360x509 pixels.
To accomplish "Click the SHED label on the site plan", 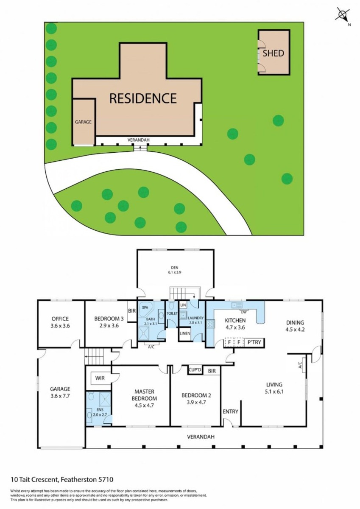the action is click(273, 53).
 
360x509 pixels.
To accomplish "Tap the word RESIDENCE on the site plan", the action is click(143, 98).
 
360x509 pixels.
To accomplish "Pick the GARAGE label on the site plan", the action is click(84, 122).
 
